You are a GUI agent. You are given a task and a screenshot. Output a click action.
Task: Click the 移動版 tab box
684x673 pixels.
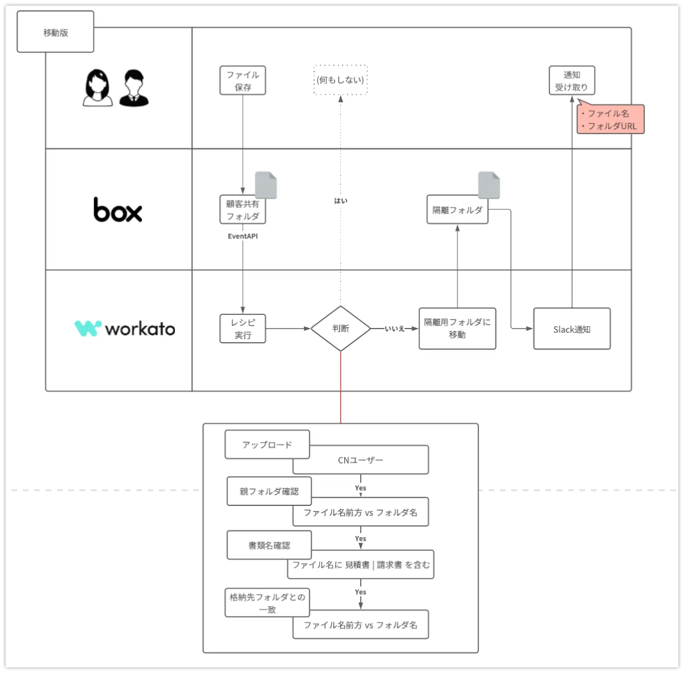pyautogui.click(x=55, y=32)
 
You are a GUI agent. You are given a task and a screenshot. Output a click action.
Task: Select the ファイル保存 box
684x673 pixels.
pyautogui.click(x=243, y=80)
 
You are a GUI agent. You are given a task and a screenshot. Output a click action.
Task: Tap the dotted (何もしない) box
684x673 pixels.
pyautogui.click(x=340, y=80)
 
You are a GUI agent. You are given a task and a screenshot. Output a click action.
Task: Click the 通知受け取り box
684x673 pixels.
pyautogui.click(x=572, y=80)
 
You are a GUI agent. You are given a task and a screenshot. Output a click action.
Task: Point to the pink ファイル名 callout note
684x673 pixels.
pyautogui.click(x=611, y=120)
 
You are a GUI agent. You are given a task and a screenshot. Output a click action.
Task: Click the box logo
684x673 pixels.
pyautogui.click(x=117, y=209)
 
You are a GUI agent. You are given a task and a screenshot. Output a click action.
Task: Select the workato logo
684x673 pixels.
pyautogui.click(x=125, y=329)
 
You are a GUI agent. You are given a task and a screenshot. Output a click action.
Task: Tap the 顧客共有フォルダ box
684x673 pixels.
pyautogui.click(x=243, y=209)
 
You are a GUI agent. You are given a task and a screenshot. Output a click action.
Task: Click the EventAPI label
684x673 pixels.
pyautogui.click(x=243, y=236)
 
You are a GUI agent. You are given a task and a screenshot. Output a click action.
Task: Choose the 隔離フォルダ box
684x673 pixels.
pyautogui.click(x=457, y=210)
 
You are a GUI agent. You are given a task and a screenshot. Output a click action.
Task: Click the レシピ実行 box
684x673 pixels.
pyautogui.click(x=243, y=329)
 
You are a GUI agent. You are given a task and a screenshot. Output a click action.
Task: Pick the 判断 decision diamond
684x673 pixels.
pyautogui.click(x=340, y=329)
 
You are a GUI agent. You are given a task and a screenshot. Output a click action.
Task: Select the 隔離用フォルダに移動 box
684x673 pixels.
pyautogui.click(x=457, y=329)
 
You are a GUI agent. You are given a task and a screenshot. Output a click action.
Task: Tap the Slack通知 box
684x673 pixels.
pyautogui.click(x=572, y=329)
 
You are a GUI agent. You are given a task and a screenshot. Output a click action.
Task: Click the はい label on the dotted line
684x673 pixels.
pyautogui.click(x=340, y=201)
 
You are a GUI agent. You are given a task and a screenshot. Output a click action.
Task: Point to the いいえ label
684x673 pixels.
pyautogui.click(x=394, y=329)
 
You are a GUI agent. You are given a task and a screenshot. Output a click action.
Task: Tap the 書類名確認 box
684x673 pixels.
pyautogui.click(x=269, y=545)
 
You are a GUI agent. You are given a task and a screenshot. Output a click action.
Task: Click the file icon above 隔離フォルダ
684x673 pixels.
pyautogui.click(x=488, y=185)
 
